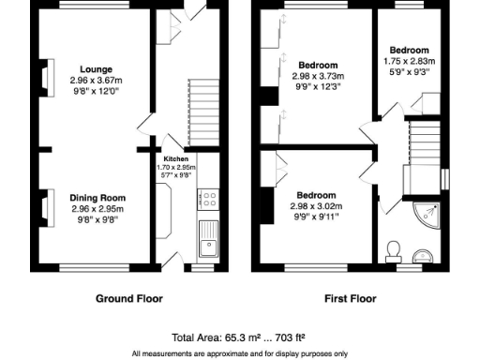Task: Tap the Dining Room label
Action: click(97, 197)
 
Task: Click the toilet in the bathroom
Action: click(393, 250)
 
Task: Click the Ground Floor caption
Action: click(129, 299)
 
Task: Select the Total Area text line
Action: click(239, 337)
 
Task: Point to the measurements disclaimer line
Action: click(239, 353)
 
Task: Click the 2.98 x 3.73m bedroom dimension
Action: click(317, 76)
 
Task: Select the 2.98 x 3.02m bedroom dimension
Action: click(317, 207)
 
